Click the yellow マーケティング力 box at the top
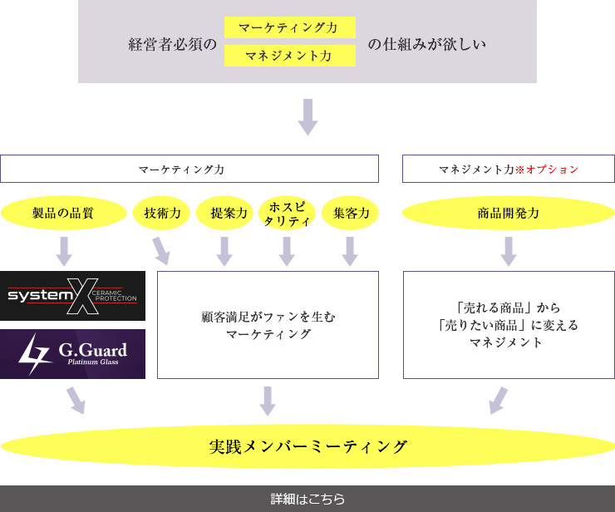click(289, 27)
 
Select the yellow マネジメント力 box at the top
click(289, 56)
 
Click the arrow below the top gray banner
click(308, 116)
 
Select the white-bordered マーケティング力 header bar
click(189, 169)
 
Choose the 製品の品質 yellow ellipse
click(63, 213)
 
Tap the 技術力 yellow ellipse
click(162, 213)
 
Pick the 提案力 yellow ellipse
click(224, 213)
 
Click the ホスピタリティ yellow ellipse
click(287, 213)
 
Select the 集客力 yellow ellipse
click(350, 213)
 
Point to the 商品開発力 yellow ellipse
click(509, 213)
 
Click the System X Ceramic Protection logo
click(72, 296)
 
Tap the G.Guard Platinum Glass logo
click(72, 354)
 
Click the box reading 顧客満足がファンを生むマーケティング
click(268, 325)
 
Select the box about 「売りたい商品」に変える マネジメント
click(509, 325)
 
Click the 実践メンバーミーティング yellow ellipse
click(307, 446)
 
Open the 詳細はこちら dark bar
click(307, 500)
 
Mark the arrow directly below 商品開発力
click(509, 250)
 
